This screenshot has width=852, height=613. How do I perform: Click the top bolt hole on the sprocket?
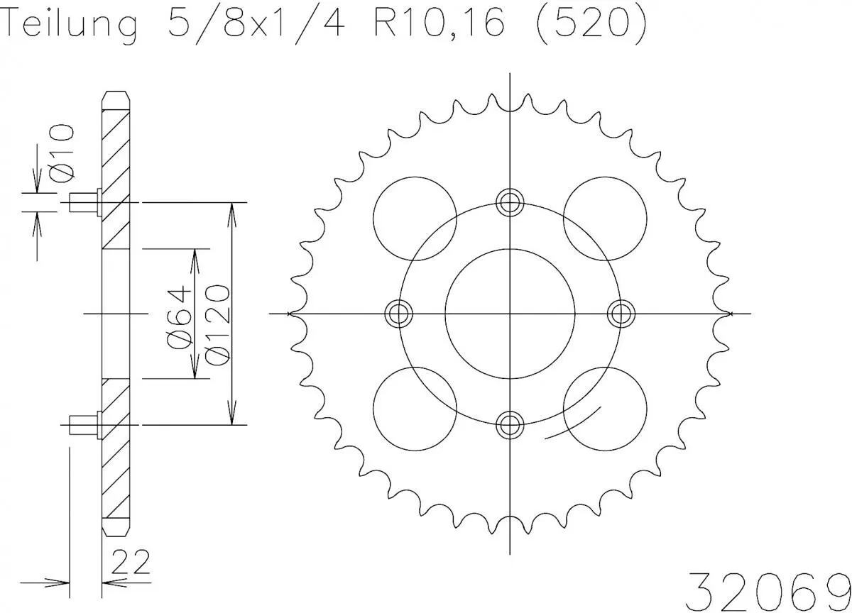point(510,203)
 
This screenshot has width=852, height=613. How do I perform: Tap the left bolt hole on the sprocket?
point(399,313)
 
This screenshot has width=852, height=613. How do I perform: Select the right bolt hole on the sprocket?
point(621,313)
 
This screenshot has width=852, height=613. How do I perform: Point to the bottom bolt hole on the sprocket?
point(510,424)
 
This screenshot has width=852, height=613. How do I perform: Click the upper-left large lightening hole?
point(414,218)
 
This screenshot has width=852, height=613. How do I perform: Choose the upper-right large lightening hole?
point(605,218)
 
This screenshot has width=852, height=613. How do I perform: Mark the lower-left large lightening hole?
point(414,408)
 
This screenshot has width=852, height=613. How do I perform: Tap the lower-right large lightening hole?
point(605,408)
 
